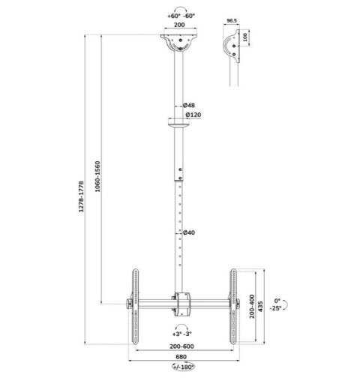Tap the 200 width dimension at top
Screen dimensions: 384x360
click(x=179, y=24)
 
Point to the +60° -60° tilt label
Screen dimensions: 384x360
click(x=179, y=14)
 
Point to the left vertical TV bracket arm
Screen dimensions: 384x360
click(x=135, y=304)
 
